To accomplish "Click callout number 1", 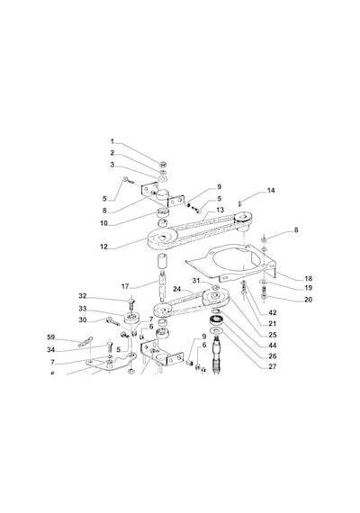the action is click(x=112, y=141).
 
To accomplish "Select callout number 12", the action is click(x=103, y=247).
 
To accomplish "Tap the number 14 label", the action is click(x=271, y=191).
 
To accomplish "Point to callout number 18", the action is click(x=309, y=278).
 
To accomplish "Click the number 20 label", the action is click(x=309, y=300).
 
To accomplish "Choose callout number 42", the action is click(x=273, y=312).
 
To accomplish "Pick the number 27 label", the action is click(x=273, y=366).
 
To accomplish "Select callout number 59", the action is click(x=50, y=337).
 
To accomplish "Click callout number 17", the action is click(x=125, y=286).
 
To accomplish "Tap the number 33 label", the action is click(x=83, y=309).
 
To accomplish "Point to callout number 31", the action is click(x=195, y=281).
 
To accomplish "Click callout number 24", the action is click(x=177, y=289).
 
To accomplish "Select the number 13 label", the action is click(x=220, y=210).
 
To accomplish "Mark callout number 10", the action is click(x=103, y=223).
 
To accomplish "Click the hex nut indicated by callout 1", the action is click(x=162, y=164).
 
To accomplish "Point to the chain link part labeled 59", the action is click(x=85, y=341).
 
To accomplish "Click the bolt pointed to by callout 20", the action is click(x=264, y=292).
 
